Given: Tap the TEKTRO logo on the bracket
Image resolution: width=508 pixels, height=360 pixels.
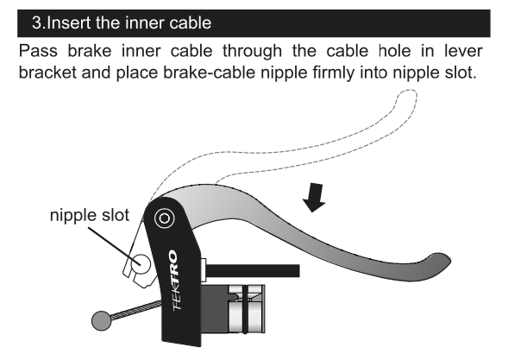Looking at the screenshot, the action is click(x=175, y=280).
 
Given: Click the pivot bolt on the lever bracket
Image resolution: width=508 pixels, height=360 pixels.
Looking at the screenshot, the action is click(x=164, y=218).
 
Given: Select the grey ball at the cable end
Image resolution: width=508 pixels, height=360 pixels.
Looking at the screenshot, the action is click(x=102, y=321).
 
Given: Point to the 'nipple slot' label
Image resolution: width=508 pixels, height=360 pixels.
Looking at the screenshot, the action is click(x=90, y=215).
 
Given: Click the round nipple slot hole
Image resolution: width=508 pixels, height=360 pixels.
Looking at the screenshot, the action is click(x=141, y=263).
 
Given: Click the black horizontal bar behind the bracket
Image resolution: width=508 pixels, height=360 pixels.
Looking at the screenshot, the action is click(x=253, y=271).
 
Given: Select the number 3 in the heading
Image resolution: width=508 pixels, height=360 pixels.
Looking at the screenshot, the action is click(x=36, y=23).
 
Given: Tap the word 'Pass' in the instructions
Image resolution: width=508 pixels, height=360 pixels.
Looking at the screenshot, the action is click(x=38, y=51).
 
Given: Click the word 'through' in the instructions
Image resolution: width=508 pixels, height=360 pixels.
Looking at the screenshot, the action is click(x=252, y=51).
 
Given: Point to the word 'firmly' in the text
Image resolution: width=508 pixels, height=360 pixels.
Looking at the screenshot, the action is click(x=334, y=73).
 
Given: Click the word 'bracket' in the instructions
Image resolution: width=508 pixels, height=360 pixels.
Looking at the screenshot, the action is click(x=47, y=73).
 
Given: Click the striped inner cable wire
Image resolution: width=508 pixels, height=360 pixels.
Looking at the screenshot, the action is click(x=136, y=309).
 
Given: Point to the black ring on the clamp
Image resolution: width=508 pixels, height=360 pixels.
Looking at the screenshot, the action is click(x=246, y=309).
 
